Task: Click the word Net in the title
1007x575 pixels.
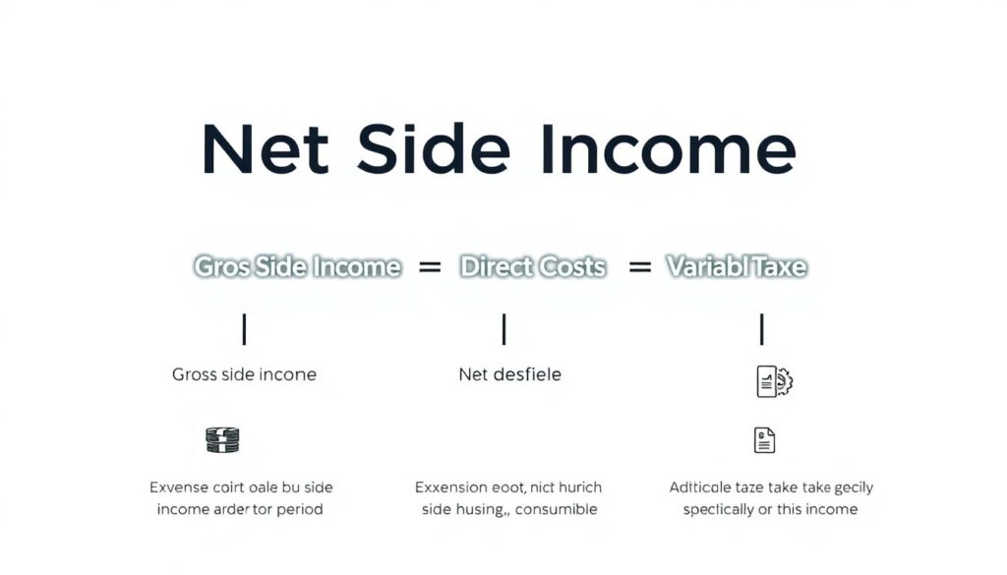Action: point(265,150)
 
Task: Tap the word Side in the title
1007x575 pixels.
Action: point(434,150)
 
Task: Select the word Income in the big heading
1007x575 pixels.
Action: point(667,150)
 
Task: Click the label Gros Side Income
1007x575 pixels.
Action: point(297,266)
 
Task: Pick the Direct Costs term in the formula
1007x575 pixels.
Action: point(532,266)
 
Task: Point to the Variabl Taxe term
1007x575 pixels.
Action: point(737,266)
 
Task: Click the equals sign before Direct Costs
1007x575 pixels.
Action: point(430,266)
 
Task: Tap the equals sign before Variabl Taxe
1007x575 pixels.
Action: point(640,266)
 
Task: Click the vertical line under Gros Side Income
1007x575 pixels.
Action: point(244,329)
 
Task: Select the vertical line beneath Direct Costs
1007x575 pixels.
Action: point(503,329)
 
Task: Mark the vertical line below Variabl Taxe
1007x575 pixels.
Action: point(761,329)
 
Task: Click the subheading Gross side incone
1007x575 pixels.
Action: point(244,374)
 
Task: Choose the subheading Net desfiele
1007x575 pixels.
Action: point(509,374)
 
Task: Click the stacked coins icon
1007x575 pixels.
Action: point(222,439)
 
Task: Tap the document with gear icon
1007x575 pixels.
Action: point(774,381)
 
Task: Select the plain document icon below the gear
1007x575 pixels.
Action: point(764,440)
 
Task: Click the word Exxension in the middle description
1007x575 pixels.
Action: point(450,487)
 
